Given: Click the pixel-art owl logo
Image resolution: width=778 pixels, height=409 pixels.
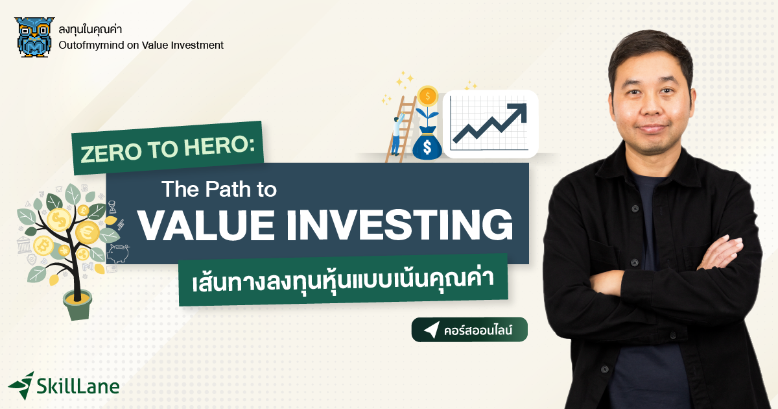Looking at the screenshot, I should click(x=34, y=37).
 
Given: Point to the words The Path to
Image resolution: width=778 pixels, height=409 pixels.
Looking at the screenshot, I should click(x=218, y=190).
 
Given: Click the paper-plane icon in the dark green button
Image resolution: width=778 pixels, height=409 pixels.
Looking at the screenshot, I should click(x=431, y=330).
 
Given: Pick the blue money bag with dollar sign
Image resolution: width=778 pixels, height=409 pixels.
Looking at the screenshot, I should click(x=427, y=145).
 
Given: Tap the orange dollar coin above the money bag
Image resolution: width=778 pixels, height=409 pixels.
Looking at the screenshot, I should click(x=427, y=97).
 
